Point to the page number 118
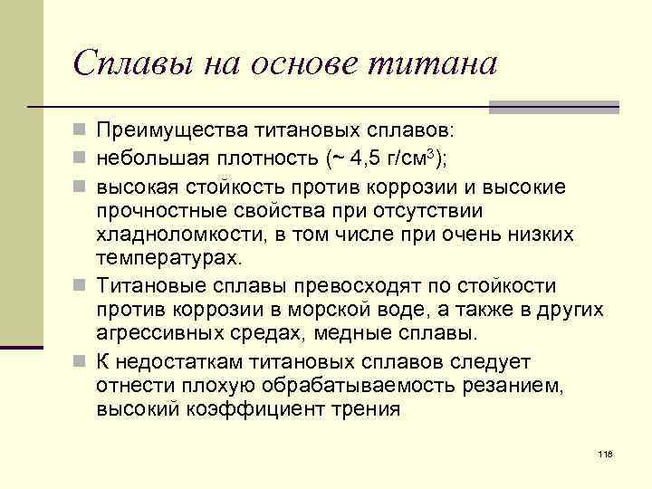606,453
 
